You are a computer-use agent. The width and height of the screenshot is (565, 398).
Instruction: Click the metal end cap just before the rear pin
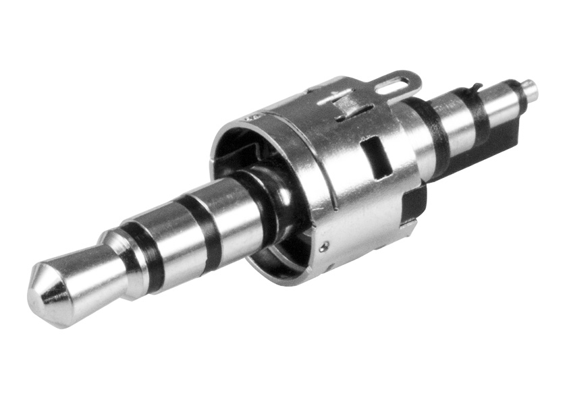(510, 98)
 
